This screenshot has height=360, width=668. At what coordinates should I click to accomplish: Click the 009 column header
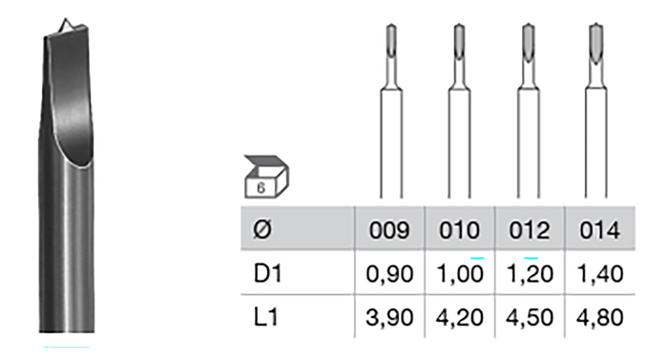(x=389, y=230)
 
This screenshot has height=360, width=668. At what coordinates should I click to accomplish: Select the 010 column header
(x=459, y=230)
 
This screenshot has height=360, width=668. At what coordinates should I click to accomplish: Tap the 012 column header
(x=530, y=230)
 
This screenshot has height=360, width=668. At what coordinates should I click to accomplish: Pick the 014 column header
(x=599, y=230)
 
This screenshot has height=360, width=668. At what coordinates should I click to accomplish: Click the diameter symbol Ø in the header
(x=262, y=230)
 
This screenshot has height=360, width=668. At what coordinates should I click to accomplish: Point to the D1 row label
(x=267, y=273)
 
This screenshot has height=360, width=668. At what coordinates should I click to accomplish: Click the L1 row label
(x=266, y=317)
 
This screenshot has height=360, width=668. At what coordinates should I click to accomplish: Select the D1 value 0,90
(x=389, y=274)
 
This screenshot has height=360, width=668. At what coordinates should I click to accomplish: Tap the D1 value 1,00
(x=460, y=274)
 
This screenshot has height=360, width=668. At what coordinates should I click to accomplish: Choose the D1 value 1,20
(x=530, y=274)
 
